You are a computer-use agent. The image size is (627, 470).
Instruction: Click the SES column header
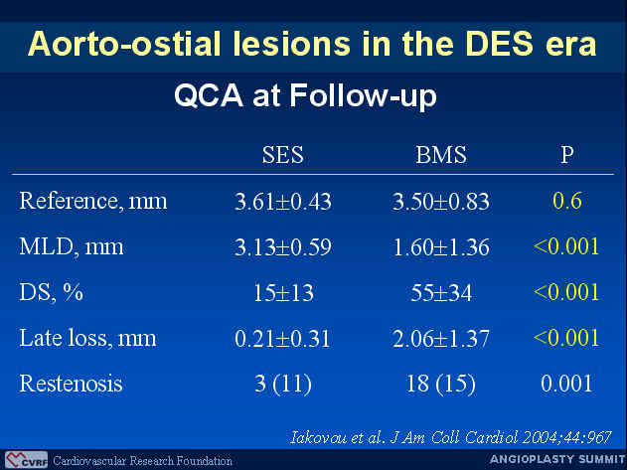[x=283, y=154]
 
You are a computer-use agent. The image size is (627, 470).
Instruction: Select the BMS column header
[x=441, y=154]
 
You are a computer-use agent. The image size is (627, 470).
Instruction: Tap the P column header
[x=567, y=154]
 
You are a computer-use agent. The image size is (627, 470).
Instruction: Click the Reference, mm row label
[x=93, y=201]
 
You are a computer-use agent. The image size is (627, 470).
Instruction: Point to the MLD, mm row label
[x=72, y=246]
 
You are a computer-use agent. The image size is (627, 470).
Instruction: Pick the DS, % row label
[x=52, y=292]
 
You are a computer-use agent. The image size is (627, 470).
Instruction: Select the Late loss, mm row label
[x=87, y=338]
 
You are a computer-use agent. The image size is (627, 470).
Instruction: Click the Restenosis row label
[x=71, y=384]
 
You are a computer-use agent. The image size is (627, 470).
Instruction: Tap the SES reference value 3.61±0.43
[x=283, y=201]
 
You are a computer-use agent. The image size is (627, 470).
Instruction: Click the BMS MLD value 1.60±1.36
[x=441, y=247]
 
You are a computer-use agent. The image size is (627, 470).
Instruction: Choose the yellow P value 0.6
[x=567, y=201]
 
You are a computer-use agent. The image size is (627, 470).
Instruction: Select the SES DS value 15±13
[x=283, y=293]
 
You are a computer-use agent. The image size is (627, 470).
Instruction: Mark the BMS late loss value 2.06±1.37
[x=441, y=339]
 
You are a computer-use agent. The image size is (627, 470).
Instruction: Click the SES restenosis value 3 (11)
[x=283, y=384]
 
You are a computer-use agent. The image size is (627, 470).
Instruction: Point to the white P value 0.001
[x=566, y=384]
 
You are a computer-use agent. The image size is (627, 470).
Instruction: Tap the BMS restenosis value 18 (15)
[x=441, y=384]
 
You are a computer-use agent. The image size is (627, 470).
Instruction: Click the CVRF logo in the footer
[x=27, y=460]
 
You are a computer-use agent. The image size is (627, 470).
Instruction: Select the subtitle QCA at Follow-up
[x=305, y=96]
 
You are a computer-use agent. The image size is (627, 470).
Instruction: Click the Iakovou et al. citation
[x=451, y=437]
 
